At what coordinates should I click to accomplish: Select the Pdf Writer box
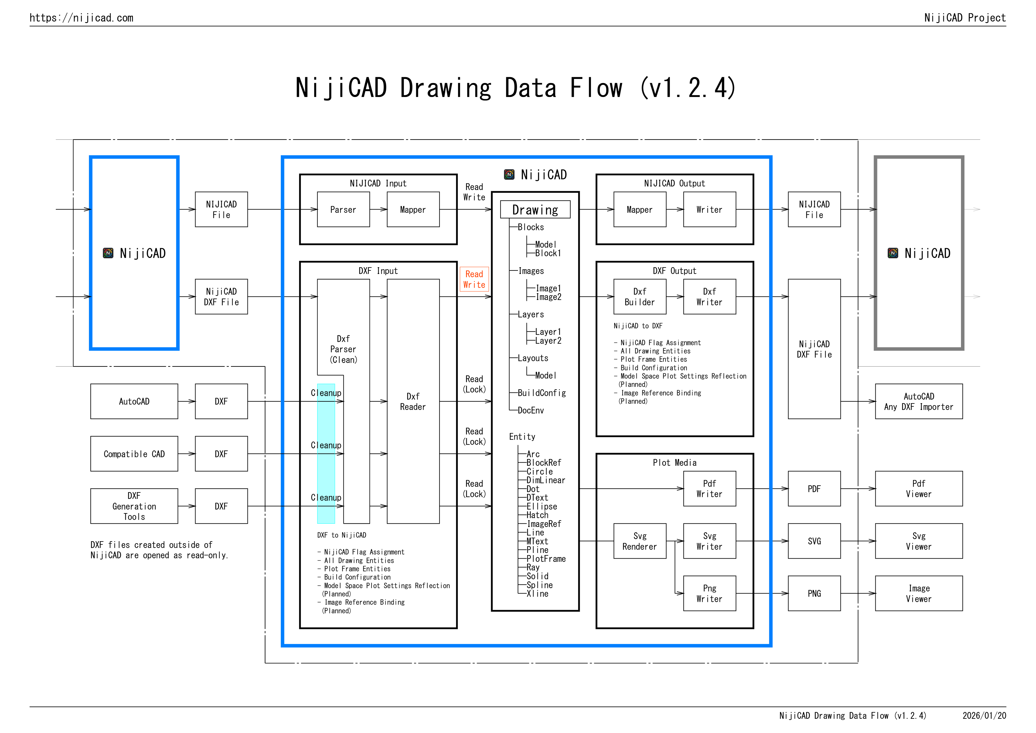[x=709, y=489]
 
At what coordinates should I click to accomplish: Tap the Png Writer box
[x=709, y=593]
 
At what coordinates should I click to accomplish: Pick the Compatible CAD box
[x=134, y=454]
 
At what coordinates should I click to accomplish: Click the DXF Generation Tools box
[x=134, y=506]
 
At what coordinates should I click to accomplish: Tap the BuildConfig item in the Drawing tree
[x=541, y=393]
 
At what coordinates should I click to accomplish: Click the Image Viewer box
[x=919, y=593]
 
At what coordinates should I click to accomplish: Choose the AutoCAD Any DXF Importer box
[x=919, y=401]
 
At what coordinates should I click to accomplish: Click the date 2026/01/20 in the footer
[x=984, y=716]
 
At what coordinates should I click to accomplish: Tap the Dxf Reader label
[x=413, y=401]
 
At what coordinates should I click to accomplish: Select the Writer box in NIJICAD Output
[x=709, y=210]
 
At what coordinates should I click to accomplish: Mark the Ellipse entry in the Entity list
[x=541, y=507]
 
